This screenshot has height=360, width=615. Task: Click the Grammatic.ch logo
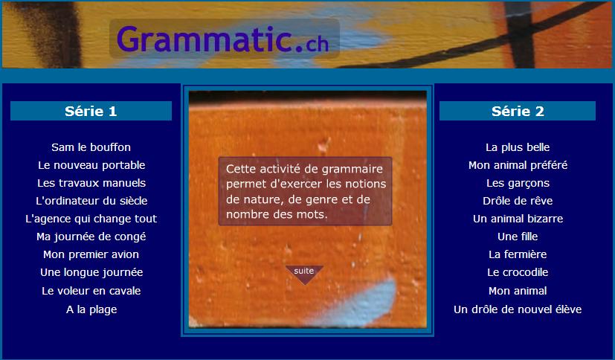[222, 39]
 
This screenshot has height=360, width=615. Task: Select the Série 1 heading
[91, 111]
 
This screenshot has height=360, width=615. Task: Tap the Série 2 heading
[518, 111]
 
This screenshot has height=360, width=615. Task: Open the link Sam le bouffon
[91, 147]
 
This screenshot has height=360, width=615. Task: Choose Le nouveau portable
[91, 165]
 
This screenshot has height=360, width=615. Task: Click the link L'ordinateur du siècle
[91, 201]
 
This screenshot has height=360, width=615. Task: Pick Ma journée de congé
[91, 237]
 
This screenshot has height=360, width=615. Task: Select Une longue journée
[91, 272]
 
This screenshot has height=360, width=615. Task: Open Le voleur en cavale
[91, 291]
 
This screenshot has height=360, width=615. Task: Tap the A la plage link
[91, 309]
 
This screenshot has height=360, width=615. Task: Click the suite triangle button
[304, 274]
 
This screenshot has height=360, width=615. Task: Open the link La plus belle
[518, 147]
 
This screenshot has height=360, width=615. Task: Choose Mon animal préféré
[518, 165]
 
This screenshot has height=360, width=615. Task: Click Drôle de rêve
[518, 201]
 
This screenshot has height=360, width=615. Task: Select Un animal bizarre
[518, 219]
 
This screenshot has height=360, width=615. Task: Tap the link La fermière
[518, 254]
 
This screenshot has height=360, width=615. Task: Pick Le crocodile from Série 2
[518, 272]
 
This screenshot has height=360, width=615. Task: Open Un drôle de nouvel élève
[518, 309]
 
